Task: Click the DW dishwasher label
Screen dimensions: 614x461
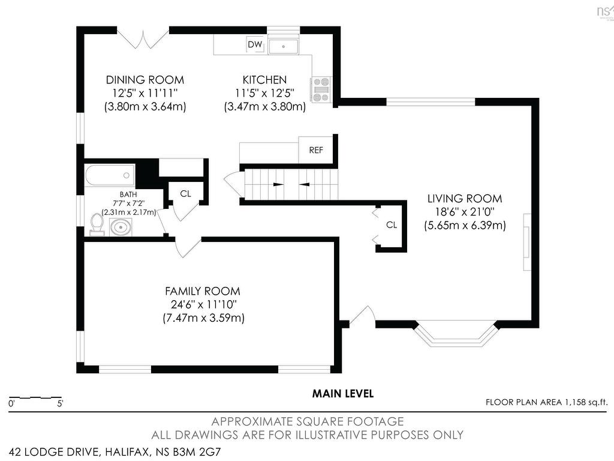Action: pos(255,44)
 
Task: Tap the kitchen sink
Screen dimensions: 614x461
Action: pos(284,47)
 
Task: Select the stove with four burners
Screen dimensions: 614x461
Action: pos(321,90)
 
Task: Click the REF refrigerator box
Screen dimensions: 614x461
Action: pos(316,149)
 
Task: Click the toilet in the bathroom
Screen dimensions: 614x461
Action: pos(97,224)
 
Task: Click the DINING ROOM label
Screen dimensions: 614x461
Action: pos(145,80)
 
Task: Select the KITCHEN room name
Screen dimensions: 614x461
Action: pos(264,80)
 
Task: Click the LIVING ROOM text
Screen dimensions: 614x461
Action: pos(465,199)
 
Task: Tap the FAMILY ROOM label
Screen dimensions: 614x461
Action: pos(203,291)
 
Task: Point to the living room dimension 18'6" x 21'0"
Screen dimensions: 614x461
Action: pos(465,212)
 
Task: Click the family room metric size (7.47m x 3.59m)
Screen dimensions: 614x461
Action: pos(204,318)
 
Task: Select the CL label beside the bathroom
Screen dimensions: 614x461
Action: pos(186,194)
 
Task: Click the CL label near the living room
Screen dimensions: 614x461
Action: pos(392,225)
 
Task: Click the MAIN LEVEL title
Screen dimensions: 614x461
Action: pos(342,394)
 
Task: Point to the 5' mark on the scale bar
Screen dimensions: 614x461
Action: pos(60,403)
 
